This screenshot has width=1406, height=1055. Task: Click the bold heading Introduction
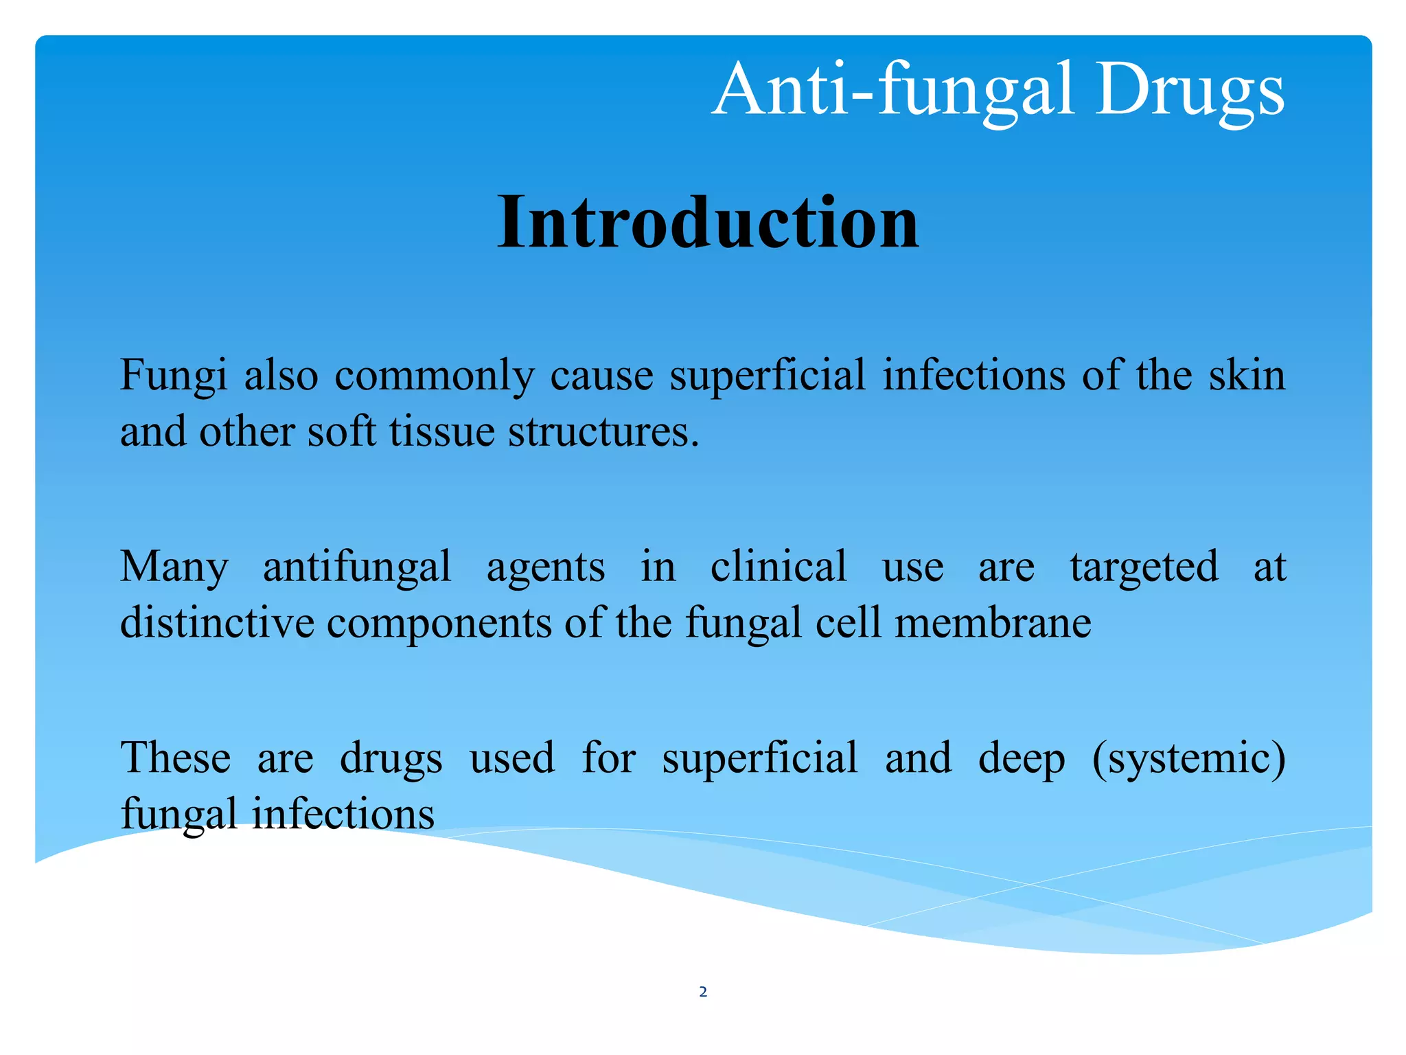708,223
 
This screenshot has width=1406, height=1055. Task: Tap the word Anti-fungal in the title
892,90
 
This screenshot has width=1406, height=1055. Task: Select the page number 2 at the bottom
703,991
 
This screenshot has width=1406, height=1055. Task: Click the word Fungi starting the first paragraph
173,377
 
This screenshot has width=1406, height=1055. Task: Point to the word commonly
435,377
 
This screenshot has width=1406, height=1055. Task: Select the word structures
603,432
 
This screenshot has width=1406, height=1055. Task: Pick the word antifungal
357,567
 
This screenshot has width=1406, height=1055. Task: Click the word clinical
779,567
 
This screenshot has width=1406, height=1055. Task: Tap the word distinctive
217,623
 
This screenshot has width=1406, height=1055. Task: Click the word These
176,758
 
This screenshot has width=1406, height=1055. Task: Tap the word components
439,624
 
